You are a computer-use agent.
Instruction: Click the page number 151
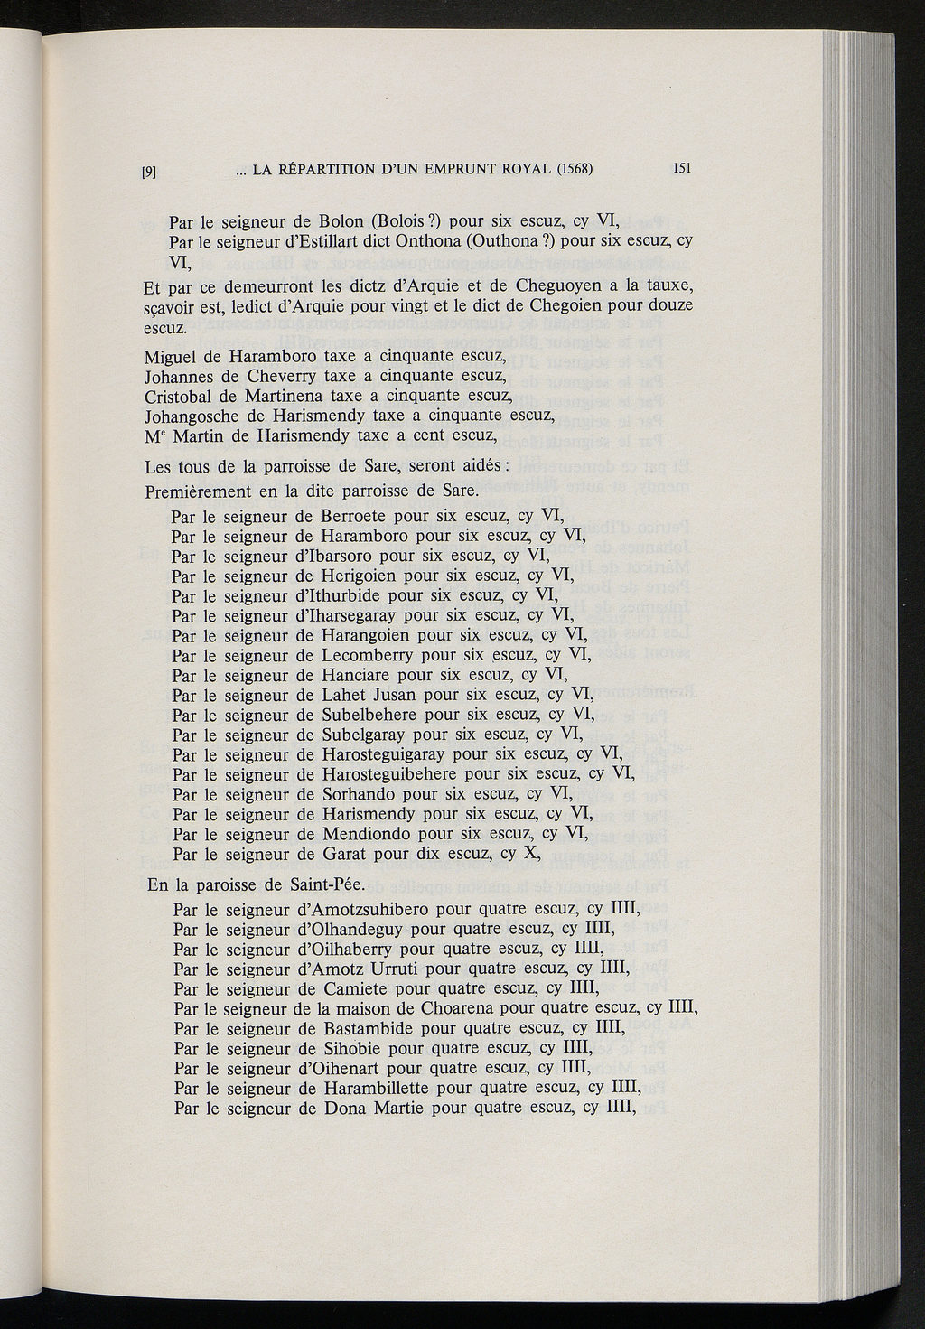click(682, 168)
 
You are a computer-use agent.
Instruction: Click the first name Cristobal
click(179, 396)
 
